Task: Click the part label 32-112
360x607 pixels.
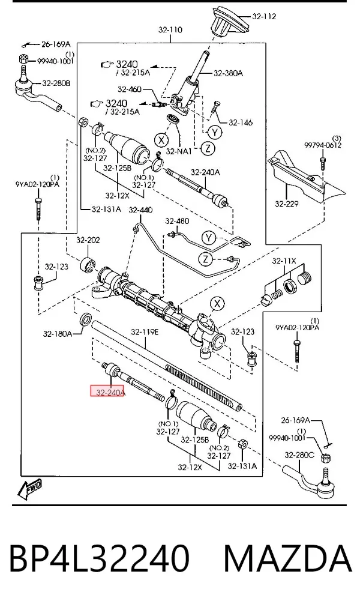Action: point(264,16)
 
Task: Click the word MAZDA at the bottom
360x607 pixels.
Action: point(287,558)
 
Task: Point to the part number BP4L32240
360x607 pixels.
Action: point(99,558)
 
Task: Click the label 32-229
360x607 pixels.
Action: point(287,204)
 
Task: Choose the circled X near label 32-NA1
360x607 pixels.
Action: point(161,139)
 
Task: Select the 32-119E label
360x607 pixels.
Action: point(145,332)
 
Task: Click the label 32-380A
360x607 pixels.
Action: point(228,73)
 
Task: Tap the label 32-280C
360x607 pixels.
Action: point(299,455)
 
